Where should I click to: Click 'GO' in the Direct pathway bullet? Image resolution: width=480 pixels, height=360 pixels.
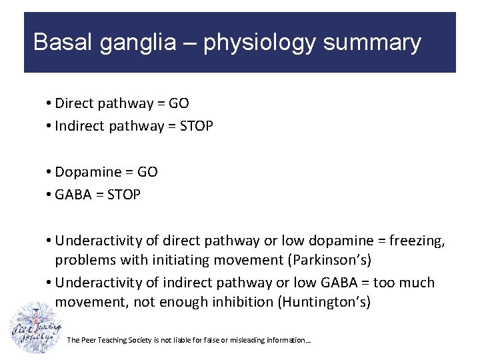(x=179, y=103)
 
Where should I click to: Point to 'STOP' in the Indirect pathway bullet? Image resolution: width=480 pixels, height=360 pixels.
(x=197, y=126)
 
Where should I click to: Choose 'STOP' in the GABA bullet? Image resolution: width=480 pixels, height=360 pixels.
(x=124, y=195)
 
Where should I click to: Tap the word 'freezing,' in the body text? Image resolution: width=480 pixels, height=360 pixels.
(x=416, y=241)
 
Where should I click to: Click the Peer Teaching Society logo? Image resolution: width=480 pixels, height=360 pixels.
(x=35, y=328)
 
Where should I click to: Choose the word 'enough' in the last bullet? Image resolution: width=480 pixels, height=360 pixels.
(x=185, y=302)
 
